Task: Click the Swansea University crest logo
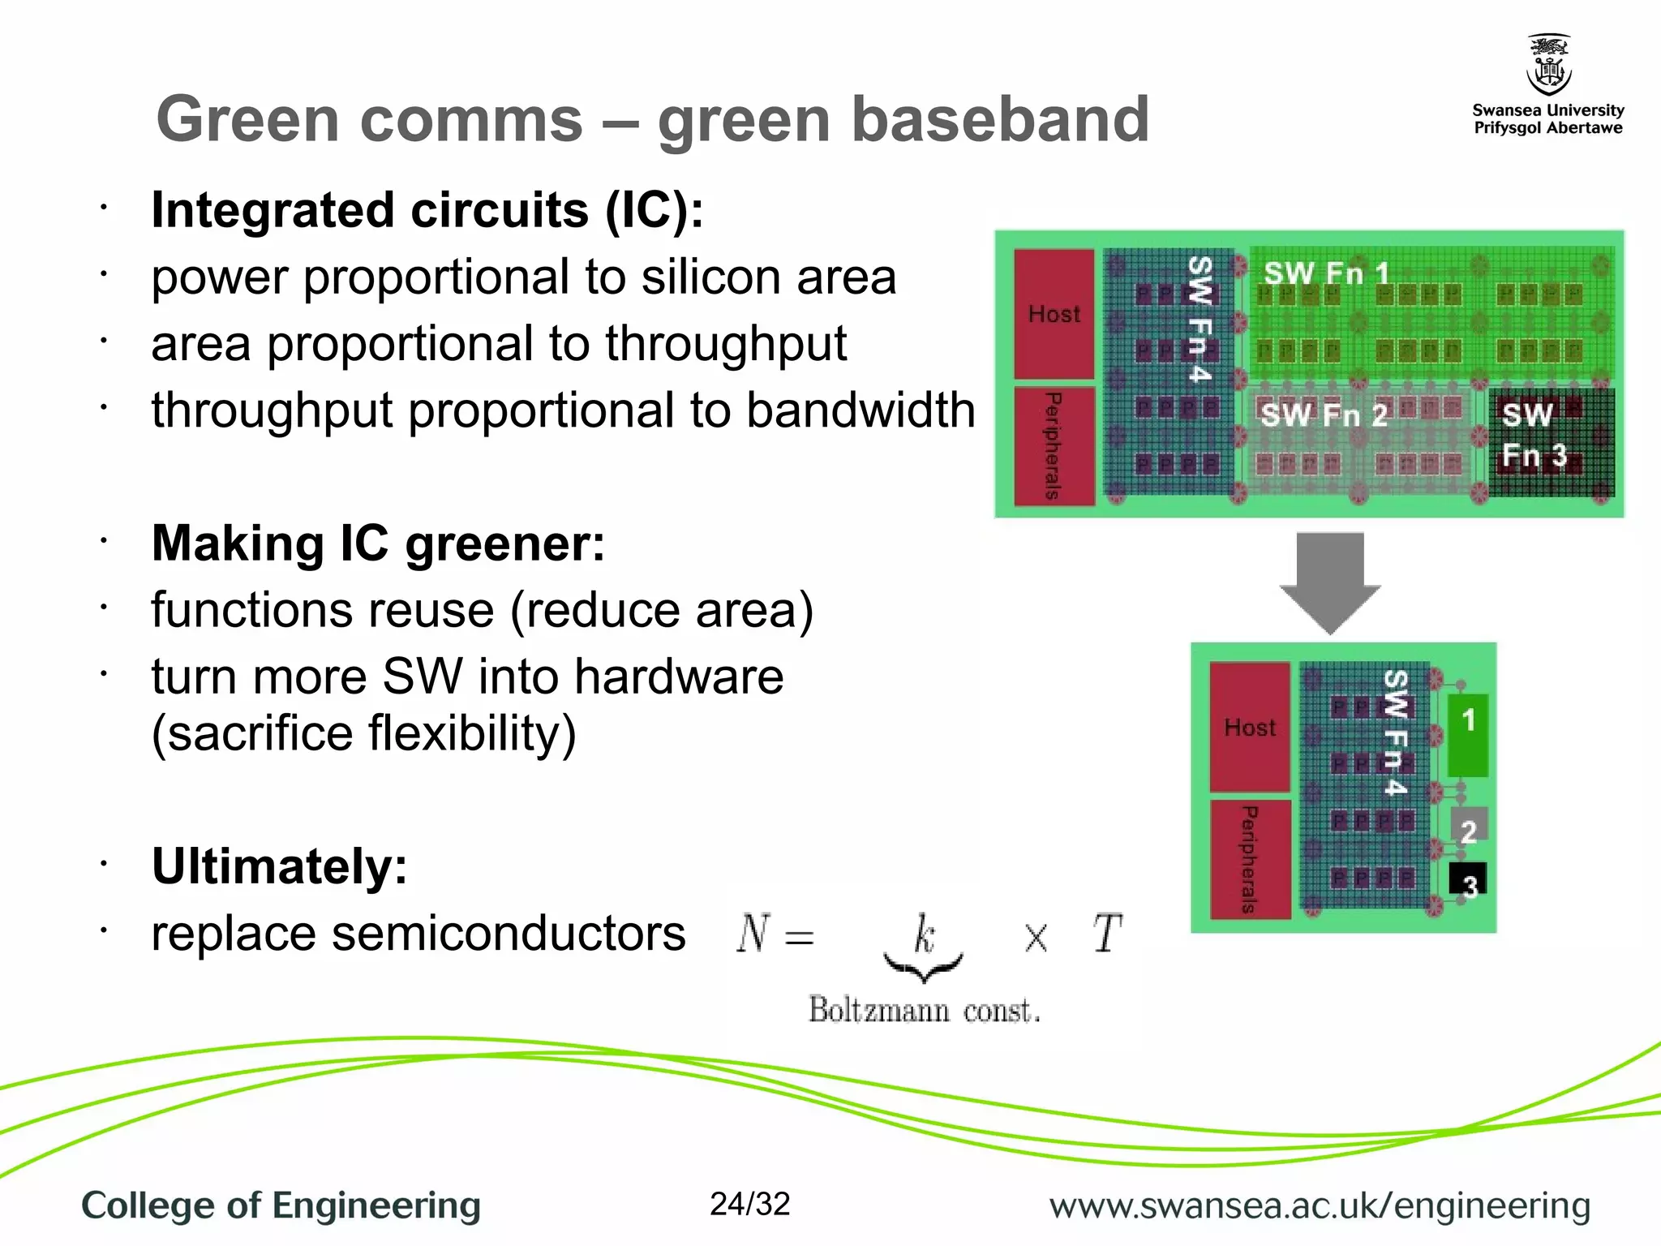1548,65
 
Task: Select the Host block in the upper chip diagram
1054,314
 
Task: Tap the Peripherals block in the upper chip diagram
1054,445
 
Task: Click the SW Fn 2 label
1324,415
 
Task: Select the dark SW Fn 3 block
1550,442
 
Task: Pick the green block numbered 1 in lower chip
1468,734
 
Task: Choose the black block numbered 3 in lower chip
1468,881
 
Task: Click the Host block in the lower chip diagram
1249,727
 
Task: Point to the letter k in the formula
924,934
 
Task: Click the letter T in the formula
1106,934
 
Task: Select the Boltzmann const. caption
924,1010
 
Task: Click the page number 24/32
749,1205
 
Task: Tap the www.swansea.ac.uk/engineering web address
1320,1206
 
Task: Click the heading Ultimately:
279,866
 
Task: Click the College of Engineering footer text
281,1205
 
